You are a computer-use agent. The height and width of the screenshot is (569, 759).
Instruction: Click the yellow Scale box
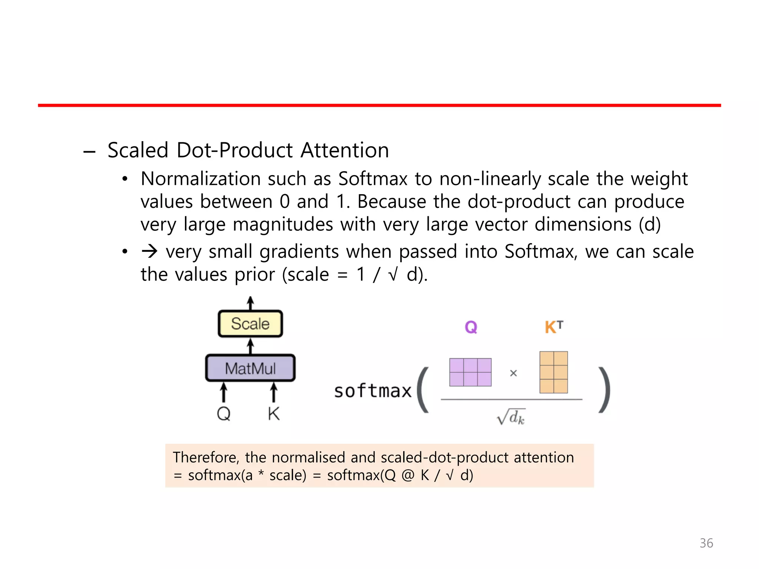point(250,324)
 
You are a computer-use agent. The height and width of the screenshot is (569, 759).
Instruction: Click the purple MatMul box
point(250,368)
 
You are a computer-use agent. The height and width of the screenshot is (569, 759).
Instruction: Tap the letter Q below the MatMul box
point(223,413)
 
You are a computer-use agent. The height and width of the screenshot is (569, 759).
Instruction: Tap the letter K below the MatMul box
point(274,413)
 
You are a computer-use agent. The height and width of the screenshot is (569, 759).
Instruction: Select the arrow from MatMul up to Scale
point(251,346)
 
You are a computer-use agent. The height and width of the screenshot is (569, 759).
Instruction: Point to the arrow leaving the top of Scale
point(251,303)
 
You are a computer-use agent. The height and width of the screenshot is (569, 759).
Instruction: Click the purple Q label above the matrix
point(471,327)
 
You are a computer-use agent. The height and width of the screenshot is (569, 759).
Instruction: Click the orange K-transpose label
point(554,327)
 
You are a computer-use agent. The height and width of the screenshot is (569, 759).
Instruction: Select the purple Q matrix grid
point(470,372)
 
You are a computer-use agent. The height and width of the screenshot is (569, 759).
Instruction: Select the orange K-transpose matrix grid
point(554,372)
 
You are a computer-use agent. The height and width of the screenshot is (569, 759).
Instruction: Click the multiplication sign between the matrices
point(513,373)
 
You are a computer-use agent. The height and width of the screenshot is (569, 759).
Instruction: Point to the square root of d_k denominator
point(511,417)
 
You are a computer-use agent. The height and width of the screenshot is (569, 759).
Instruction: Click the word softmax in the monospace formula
point(373,391)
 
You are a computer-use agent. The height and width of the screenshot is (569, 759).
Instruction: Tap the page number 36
point(706,543)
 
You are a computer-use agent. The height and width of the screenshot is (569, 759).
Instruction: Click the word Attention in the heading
point(345,150)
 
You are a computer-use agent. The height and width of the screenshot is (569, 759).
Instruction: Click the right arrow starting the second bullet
point(150,252)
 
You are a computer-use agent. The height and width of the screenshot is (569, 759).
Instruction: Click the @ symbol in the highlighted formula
point(408,475)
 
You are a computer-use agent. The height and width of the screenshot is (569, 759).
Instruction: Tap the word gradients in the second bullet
point(299,252)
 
